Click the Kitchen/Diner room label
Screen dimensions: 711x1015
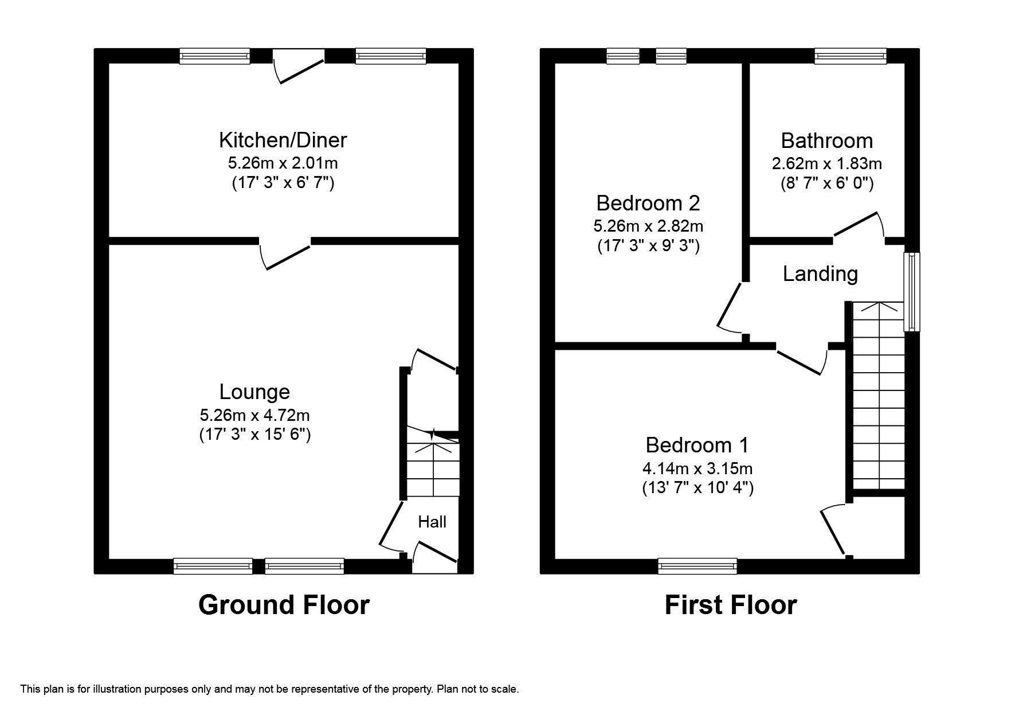click(x=283, y=140)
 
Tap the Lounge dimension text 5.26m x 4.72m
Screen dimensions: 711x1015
click(x=254, y=414)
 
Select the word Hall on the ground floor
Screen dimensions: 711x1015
click(x=432, y=522)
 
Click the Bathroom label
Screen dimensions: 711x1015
click(x=826, y=141)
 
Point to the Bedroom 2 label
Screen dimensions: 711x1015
click(x=648, y=203)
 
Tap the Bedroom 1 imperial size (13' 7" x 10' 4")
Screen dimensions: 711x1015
click(x=697, y=488)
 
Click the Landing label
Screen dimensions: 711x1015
click(x=820, y=274)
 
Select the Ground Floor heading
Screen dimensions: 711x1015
click(x=284, y=605)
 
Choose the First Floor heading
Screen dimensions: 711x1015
click(x=730, y=605)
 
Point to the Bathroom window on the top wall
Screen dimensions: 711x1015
click(x=851, y=56)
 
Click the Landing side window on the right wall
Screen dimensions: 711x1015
click(x=911, y=292)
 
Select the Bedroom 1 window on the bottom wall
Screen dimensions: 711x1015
click(x=697, y=567)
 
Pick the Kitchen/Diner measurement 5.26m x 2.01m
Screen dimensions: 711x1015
click(x=283, y=163)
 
